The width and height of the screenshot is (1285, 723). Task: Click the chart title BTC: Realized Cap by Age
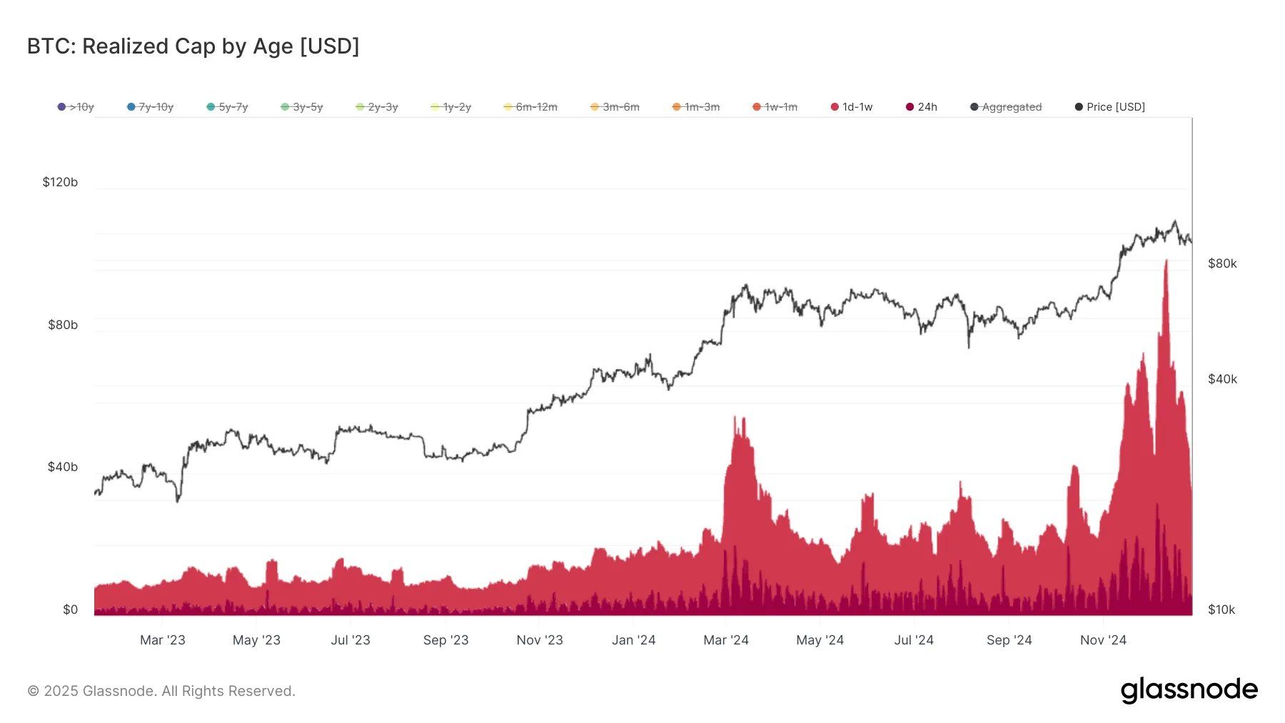pyautogui.click(x=193, y=46)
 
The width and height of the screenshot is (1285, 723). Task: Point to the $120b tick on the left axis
pyautogui.click(x=60, y=182)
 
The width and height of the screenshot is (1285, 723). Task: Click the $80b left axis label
pyautogui.click(x=63, y=325)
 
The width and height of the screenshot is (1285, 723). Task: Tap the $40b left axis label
pyautogui.click(x=63, y=467)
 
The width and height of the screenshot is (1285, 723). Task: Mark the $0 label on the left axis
pyautogui.click(x=70, y=610)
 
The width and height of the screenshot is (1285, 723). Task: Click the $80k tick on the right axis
pyautogui.click(x=1222, y=263)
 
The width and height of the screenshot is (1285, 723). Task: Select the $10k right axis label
pyautogui.click(x=1221, y=610)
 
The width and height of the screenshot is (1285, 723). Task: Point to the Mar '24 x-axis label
pyautogui.click(x=725, y=640)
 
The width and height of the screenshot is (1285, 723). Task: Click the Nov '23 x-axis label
pyautogui.click(x=540, y=640)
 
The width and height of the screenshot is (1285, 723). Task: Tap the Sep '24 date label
pyautogui.click(x=1009, y=640)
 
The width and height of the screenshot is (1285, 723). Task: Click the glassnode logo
pyautogui.click(x=1189, y=690)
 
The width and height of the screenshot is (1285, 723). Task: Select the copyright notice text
pyautogui.click(x=161, y=691)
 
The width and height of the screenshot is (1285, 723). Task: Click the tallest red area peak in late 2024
pyautogui.click(x=1166, y=263)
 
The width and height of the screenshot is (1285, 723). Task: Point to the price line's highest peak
pyautogui.click(x=1175, y=222)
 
